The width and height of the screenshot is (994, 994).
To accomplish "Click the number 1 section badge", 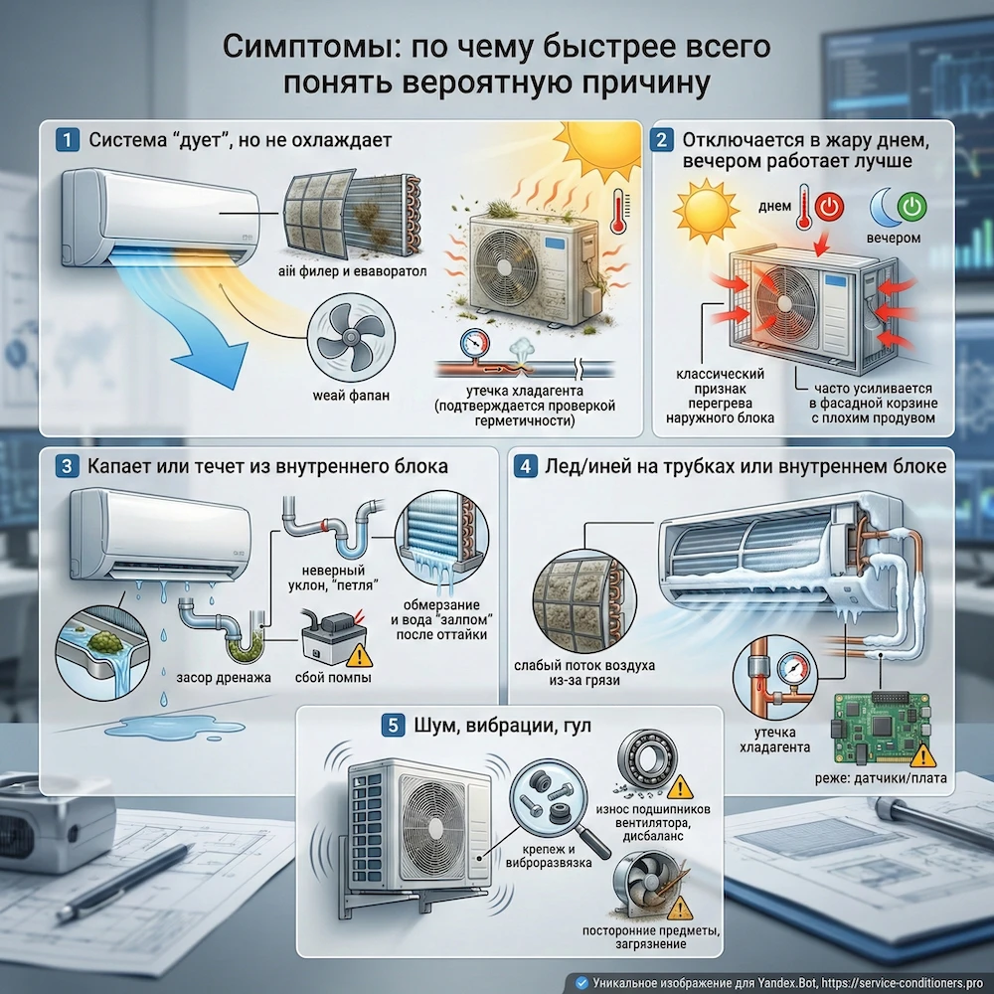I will click(67, 139).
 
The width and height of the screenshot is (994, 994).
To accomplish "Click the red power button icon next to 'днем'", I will click(829, 208).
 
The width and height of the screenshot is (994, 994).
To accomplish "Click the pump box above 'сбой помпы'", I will click(332, 642).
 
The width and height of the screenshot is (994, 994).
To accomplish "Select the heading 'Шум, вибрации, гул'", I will click(501, 726).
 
